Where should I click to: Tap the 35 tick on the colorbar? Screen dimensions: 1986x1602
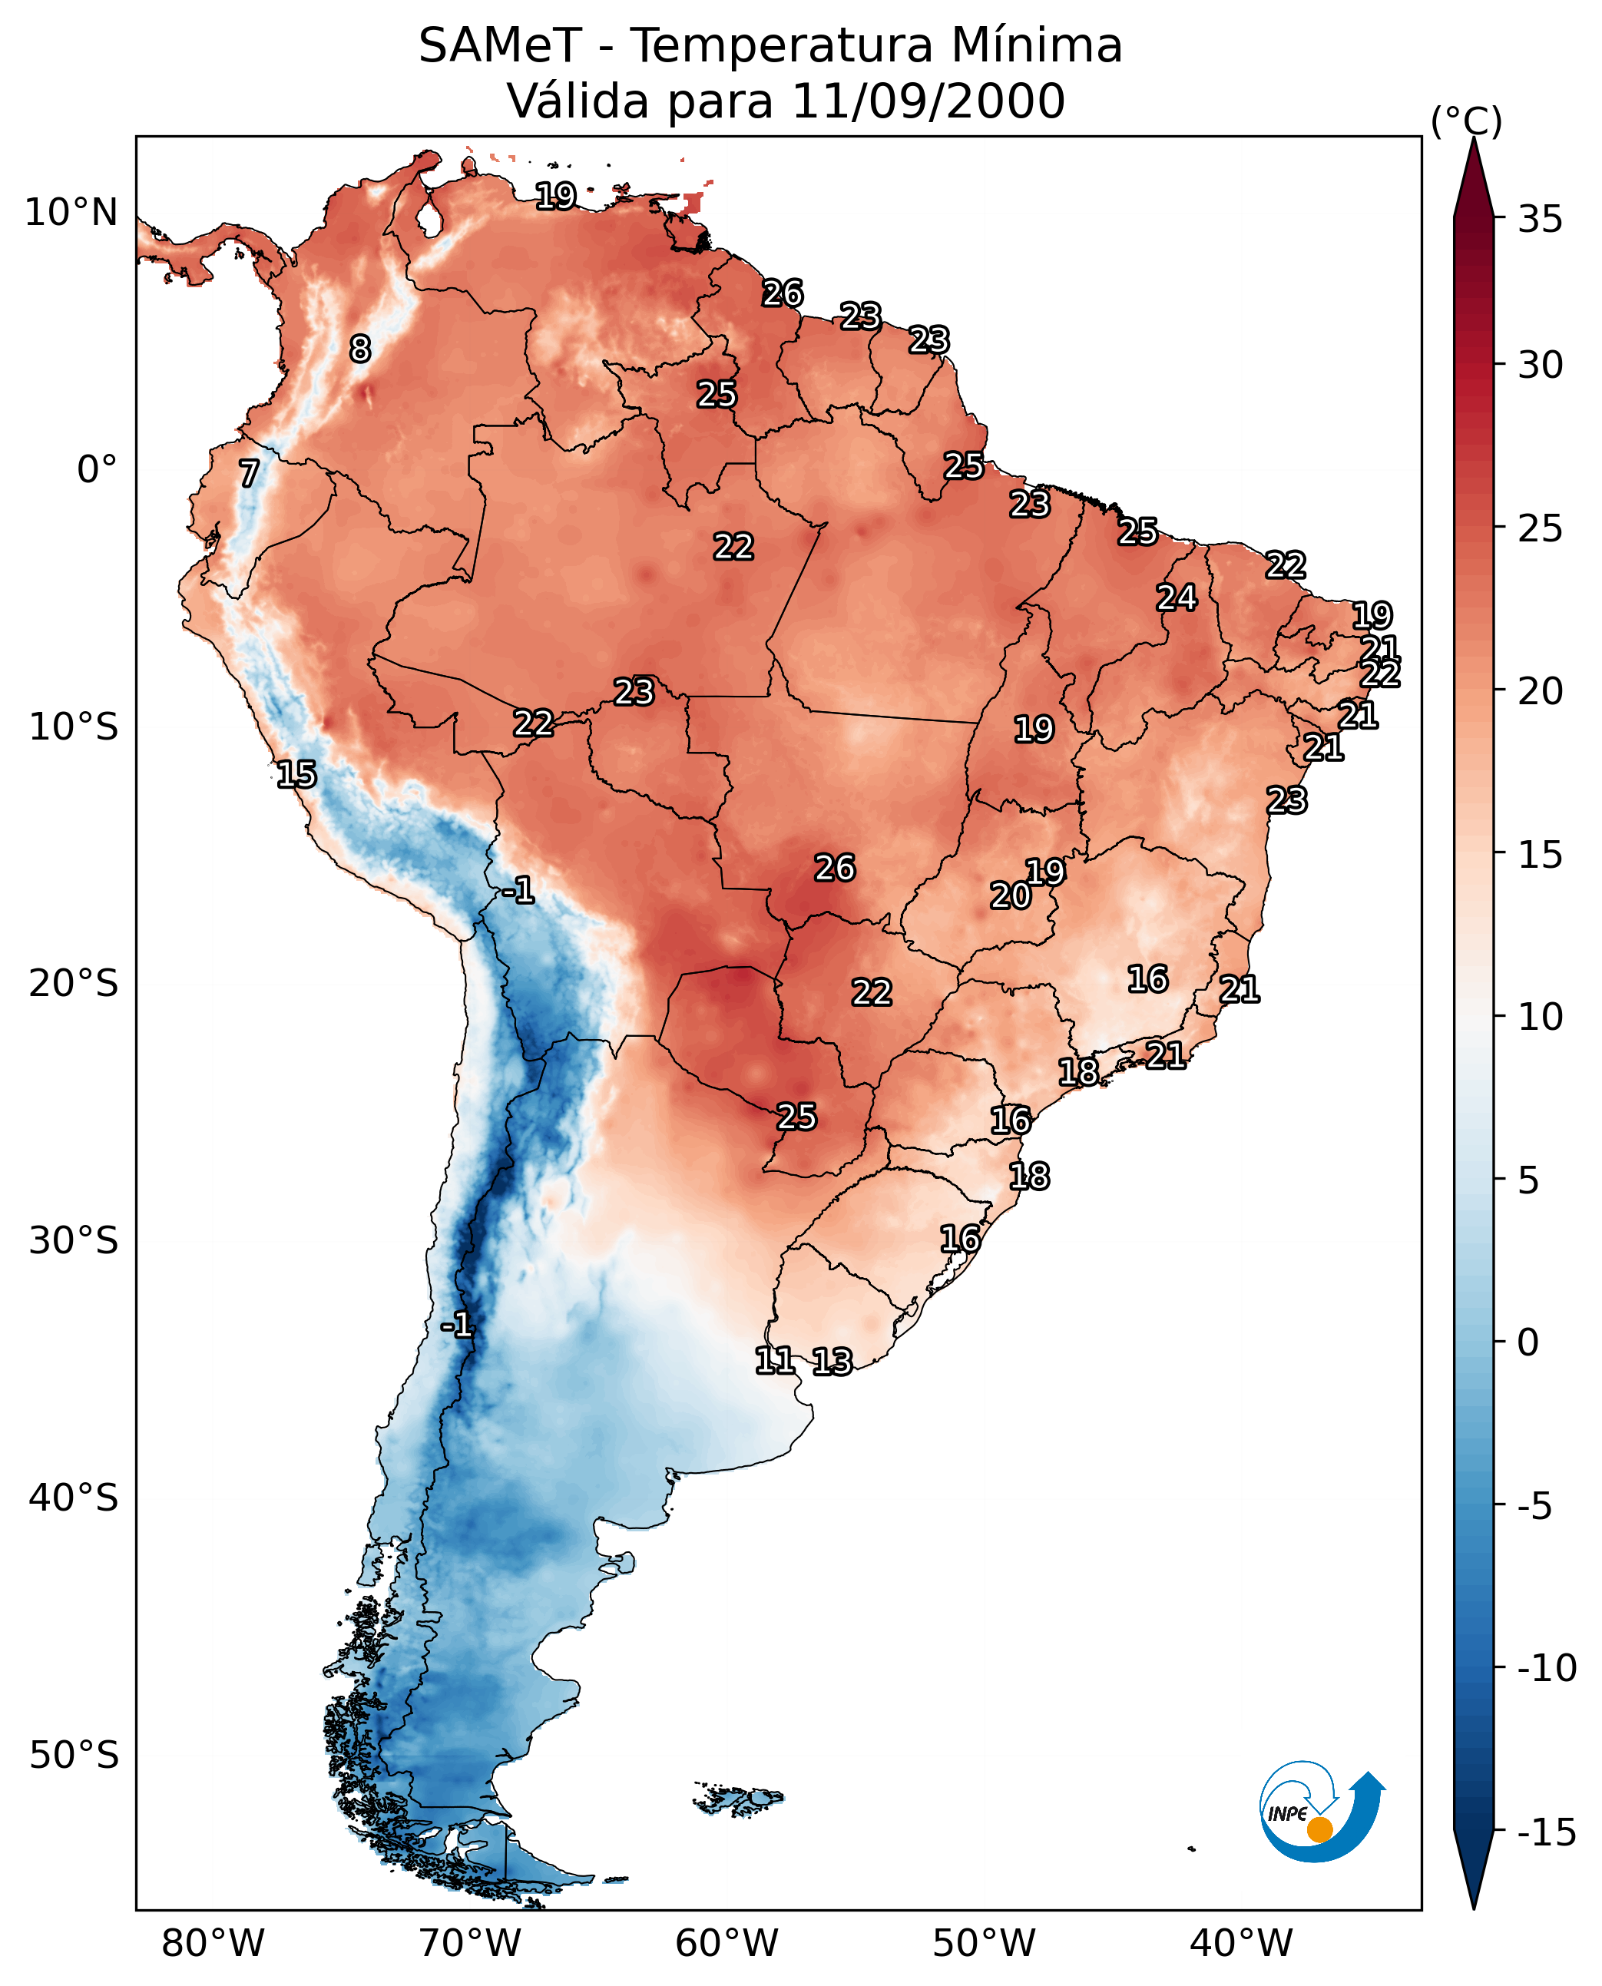[x=1539, y=220]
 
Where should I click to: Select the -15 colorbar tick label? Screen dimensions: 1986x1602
[x=1547, y=1833]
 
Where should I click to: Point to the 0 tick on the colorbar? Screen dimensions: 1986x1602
[x=1528, y=1342]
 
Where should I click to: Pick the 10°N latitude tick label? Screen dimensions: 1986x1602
[x=71, y=213]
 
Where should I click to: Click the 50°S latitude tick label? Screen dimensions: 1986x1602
[x=74, y=1754]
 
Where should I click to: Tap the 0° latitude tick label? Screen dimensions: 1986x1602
[x=97, y=470]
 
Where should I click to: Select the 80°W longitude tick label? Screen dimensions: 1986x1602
[x=213, y=1944]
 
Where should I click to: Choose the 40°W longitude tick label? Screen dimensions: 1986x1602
[x=1241, y=1944]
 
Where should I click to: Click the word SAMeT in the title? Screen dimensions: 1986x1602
[x=499, y=46]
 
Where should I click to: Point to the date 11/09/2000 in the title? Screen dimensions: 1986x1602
[x=928, y=101]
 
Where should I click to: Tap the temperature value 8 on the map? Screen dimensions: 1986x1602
[x=360, y=349]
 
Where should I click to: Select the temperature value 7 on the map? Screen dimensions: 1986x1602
[x=249, y=473]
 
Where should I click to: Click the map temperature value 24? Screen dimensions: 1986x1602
[x=1177, y=598]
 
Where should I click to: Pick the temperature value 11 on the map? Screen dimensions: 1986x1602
[x=774, y=1359]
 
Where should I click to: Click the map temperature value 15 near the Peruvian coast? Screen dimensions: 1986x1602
[x=296, y=774]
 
